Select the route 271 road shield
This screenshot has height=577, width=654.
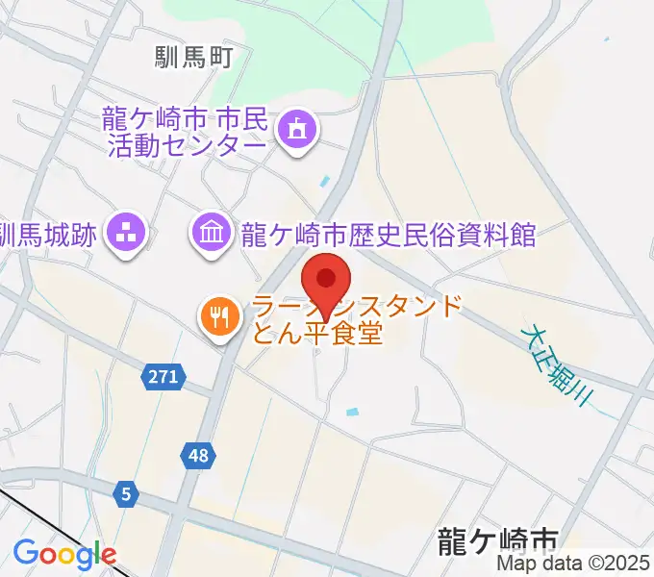(163, 377)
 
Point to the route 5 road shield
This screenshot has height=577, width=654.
(126, 494)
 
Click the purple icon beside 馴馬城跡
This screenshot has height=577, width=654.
(125, 232)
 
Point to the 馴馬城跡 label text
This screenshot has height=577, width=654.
(48, 234)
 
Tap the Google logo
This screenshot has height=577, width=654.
(64, 554)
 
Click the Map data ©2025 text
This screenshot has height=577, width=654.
(574, 564)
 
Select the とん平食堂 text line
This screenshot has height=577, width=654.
(317, 334)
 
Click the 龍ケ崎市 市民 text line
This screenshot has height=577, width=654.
(184, 119)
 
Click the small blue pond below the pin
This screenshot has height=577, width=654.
(353, 412)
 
